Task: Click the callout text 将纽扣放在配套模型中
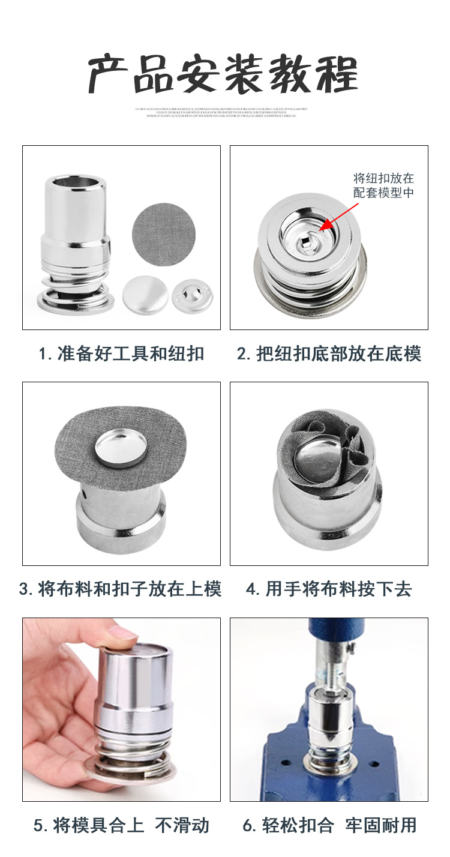coord(383,185)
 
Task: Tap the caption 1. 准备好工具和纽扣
coord(121,353)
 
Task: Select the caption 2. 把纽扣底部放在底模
coord(329,353)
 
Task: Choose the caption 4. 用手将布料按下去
coord(329,589)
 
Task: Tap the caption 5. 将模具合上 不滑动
coord(121,825)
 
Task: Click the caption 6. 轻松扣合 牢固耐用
coord(329,825)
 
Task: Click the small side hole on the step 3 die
coord(85,495)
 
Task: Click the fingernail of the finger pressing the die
coord(125,632)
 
